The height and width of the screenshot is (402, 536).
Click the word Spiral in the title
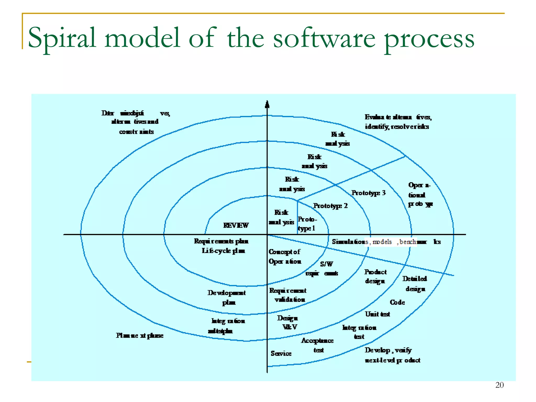pos(62,38)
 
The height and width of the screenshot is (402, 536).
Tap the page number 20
pos(499,385)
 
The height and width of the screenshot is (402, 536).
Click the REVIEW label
pos(236,225)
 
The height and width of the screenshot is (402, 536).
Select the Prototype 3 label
pos(368,193)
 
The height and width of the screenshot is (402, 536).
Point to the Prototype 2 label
pos(330,206)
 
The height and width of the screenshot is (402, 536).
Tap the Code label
pos(397,302)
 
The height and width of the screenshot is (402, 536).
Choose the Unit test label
pos(377,314)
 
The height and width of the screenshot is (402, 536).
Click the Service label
pos(281,353)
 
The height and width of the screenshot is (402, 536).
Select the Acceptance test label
pos(317,345)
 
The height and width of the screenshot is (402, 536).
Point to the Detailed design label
pos(415,284)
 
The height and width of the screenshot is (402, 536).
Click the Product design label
pos(375,276)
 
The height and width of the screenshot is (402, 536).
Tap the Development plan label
pos(227,297)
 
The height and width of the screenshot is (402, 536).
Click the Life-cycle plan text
pos(223,251)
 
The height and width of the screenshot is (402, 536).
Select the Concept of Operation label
pos(285,256)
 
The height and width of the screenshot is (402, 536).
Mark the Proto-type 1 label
pos(307,224)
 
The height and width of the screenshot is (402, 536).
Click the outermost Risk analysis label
pos(338,139)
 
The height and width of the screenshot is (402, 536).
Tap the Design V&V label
pos(288,322)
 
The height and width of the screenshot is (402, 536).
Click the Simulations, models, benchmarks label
pos(386,242)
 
